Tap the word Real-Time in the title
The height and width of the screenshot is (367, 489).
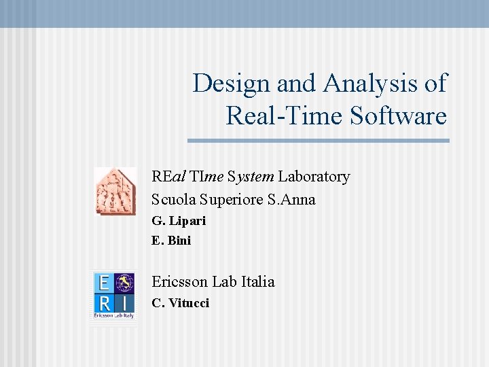coord(285,116)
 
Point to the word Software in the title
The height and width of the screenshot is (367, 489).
coord(399,116)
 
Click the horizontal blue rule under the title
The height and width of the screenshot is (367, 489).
coord(318,141)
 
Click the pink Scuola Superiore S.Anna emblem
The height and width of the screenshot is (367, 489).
coord(115,191)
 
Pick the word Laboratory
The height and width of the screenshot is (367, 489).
coord(314,177)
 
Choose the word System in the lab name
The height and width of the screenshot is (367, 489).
coord(251,177)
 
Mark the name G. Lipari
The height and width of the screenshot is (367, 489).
coord(179,221)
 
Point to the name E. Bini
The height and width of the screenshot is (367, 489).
coord(171,241)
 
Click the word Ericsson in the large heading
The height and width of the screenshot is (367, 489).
coord(179,281)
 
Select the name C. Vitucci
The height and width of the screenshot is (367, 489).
coord(181,303)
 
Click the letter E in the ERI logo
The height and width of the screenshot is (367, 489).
coord(104,282)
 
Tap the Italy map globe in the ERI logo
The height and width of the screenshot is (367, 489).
coord(125,282)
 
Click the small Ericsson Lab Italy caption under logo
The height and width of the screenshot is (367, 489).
coord(114,316)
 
